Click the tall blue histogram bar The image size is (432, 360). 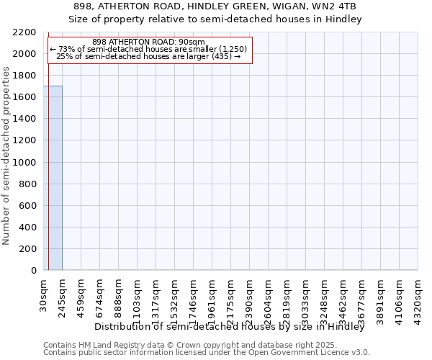coord(53,178)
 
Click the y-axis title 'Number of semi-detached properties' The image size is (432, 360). coord(7,156)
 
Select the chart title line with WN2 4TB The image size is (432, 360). coord(215,6)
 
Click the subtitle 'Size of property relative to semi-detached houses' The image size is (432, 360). coord(215,19)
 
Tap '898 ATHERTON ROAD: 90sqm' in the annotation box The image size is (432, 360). coord(149,42)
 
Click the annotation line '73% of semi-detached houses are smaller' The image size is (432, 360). coord(149,49)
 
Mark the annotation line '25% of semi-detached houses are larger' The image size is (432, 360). coord(149,56)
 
